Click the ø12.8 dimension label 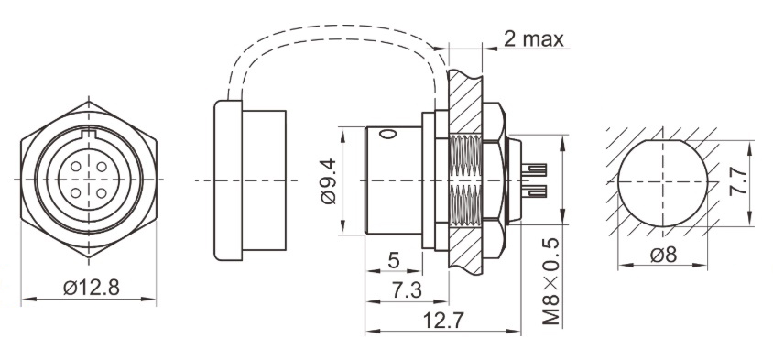pos(92,288)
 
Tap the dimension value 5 pos(393,261)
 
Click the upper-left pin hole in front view pos(78,169)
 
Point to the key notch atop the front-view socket pos(89,138)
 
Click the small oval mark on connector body pos(388,138)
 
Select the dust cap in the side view pos(247,180)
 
